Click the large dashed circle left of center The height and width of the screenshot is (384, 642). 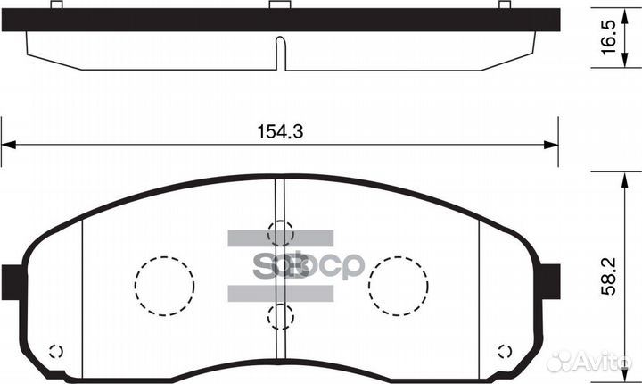[164, 286]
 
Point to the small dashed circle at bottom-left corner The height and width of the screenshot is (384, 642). [54, 351]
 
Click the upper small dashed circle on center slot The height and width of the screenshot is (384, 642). [280, 230]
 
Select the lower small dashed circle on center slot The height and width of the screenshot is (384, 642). [280, 314]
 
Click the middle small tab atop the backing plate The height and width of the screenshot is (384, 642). [281, 5]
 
